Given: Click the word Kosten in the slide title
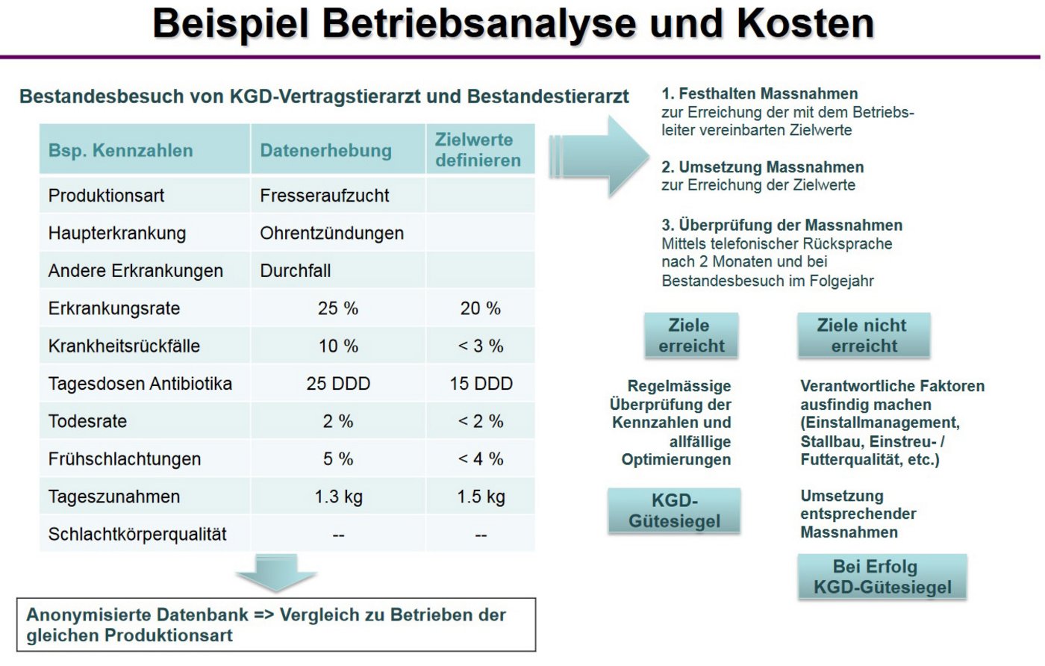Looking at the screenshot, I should pos(805,24).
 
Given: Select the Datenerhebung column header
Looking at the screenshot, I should pos(325,150).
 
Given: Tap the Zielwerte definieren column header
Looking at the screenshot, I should pos(478,150).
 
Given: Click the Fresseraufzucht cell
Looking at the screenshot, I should pos(324,196).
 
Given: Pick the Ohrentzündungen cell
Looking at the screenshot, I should pos(331,233).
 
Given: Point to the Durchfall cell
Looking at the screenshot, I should pos(295,271).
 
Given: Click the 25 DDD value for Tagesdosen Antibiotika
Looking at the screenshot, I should pos(338,384).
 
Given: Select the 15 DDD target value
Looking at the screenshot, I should pos(481,384).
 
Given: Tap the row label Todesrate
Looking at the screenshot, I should pos(87,421).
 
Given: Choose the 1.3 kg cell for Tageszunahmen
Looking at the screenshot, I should pos(338,497).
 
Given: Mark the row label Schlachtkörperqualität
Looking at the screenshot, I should pos(137,535).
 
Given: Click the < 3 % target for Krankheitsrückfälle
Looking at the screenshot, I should pos(481,346).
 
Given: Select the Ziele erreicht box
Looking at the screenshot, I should pos(691,336).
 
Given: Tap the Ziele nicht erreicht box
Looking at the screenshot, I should pos(863,336).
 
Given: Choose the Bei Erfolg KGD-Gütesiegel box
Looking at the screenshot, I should pos(882,577).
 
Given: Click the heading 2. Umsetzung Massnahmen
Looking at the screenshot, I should pos(762,167).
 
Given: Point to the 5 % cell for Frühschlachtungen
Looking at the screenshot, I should pos(338,459).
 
